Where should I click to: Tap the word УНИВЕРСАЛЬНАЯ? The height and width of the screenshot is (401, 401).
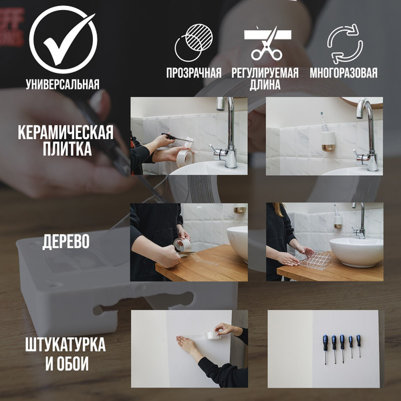click(62, 85)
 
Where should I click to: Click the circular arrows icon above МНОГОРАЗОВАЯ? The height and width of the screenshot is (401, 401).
click(344, 43)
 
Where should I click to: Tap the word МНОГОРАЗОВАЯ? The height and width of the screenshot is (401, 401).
click(344, 73)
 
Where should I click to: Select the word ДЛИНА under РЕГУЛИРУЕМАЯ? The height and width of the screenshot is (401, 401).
click(265, 86)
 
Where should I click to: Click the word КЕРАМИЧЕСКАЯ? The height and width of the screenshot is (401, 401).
click(65, 132)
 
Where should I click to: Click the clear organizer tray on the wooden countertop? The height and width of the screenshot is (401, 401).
click(313, 259)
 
